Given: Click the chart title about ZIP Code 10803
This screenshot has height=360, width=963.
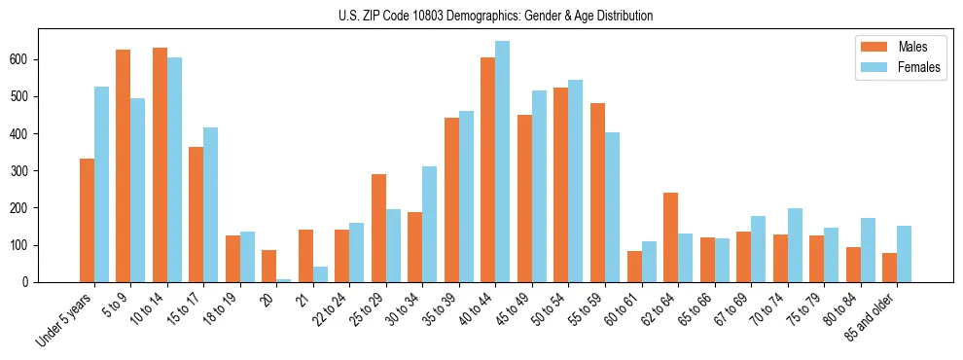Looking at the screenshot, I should [x=481, y=16].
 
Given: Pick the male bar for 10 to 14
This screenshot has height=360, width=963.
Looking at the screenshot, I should [x=160, y=164].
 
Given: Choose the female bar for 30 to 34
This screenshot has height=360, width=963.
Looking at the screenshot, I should [x=430, y=224].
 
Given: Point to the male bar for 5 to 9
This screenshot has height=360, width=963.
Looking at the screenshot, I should [x=124, y=165].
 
